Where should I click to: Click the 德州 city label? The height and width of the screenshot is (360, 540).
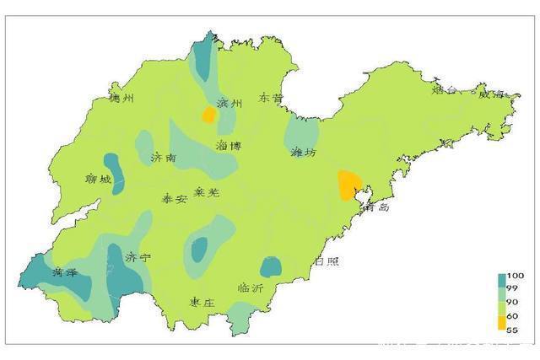pos(122,99)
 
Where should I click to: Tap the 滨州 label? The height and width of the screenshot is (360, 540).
pos(229,104)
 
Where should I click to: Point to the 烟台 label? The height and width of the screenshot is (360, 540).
pos(445,89)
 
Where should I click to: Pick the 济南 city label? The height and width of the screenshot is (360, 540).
pos(164,158)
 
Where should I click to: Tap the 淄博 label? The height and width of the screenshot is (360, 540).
pos(229,145)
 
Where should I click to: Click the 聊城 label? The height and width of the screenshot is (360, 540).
pos(99,179)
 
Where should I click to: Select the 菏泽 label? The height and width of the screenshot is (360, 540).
pos(64,271)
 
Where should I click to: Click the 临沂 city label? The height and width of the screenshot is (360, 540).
pos(251,288)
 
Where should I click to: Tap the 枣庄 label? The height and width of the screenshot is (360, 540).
pos(203,302)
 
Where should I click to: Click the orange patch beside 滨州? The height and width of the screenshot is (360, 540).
pos(208,115)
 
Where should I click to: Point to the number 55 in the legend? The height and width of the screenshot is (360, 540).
pos(511,330)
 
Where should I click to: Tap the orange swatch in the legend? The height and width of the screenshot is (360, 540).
pos(501,322)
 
